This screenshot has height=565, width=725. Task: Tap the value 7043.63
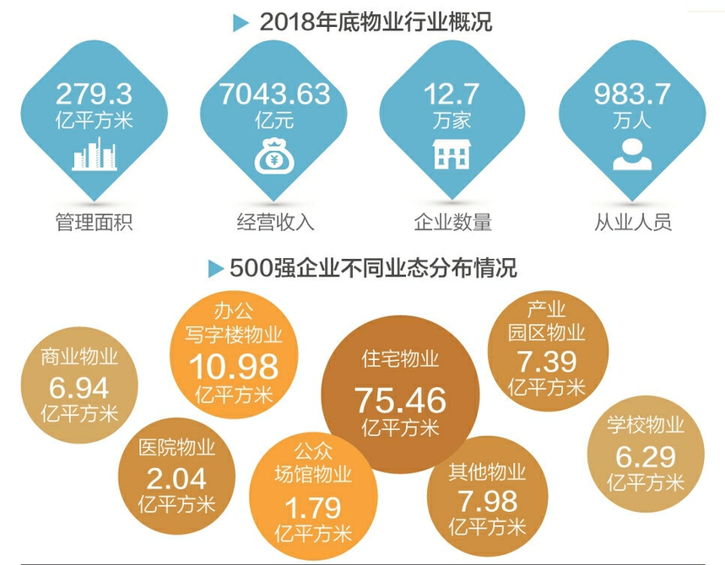click(x=274, y=94)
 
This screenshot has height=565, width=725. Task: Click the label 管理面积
click(x=94, y=223)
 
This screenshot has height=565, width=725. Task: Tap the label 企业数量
click(x=453, y=223)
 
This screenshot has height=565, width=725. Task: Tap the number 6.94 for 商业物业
click(x=79, y=389)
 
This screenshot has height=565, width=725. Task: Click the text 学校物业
click(x=646, y=426)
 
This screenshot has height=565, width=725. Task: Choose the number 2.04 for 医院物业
click(x=176, y=479)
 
